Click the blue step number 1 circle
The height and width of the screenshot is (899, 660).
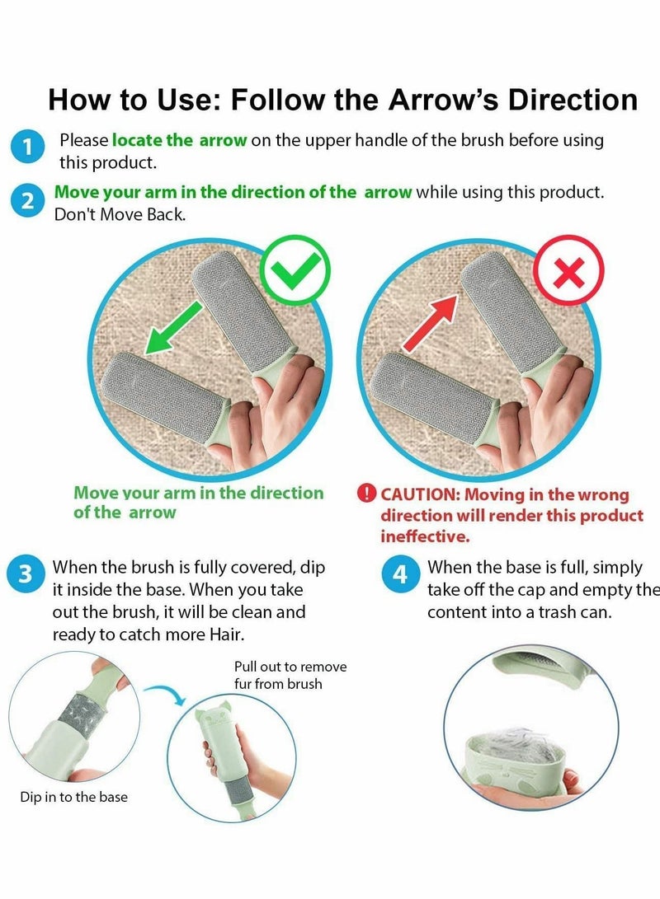point(28,148)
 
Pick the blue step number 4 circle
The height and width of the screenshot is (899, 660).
point(400,574)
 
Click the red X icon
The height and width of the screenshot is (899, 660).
point(568,271)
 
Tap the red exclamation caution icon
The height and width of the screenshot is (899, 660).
point(366,494)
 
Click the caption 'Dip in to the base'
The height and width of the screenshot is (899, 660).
point(73,797)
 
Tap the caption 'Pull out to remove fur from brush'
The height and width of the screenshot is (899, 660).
point(290,675)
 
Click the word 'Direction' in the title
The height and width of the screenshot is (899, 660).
point(573,100)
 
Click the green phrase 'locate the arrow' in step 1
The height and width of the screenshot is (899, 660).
point(179,140)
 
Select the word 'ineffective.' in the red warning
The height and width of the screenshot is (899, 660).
point(424,536)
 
